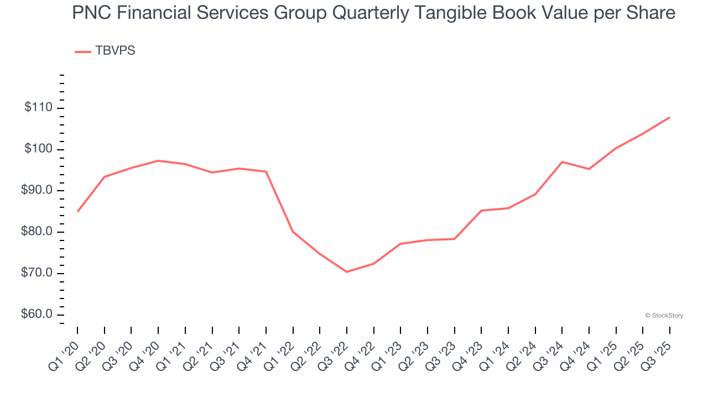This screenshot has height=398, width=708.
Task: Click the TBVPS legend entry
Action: click(106, 51)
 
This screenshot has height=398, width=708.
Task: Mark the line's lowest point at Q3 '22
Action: click(347, 271)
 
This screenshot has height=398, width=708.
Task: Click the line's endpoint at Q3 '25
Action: click(670, 117)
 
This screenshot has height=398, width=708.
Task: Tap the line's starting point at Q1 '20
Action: click(77, 211)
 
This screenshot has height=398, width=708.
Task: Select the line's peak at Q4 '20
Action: click(158, 161)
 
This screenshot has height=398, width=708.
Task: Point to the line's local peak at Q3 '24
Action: click(562, 162)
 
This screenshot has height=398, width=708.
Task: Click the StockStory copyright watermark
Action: click(664, 316)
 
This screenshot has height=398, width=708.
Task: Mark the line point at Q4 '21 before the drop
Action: click(266, 171)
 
